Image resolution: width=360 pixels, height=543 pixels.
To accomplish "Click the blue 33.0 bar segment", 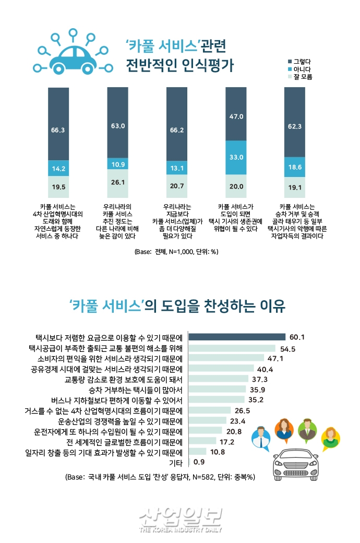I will pos(236,157).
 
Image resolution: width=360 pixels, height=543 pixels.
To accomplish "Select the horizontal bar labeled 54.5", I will pos(232,348).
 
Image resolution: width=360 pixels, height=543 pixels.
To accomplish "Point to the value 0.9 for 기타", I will pos(199,462).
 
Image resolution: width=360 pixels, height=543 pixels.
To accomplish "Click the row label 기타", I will pos(176,462).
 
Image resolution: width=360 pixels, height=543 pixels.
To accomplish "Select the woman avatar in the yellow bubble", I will pos(330,438).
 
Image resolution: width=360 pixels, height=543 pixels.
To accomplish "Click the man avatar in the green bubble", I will pos(307,429).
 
